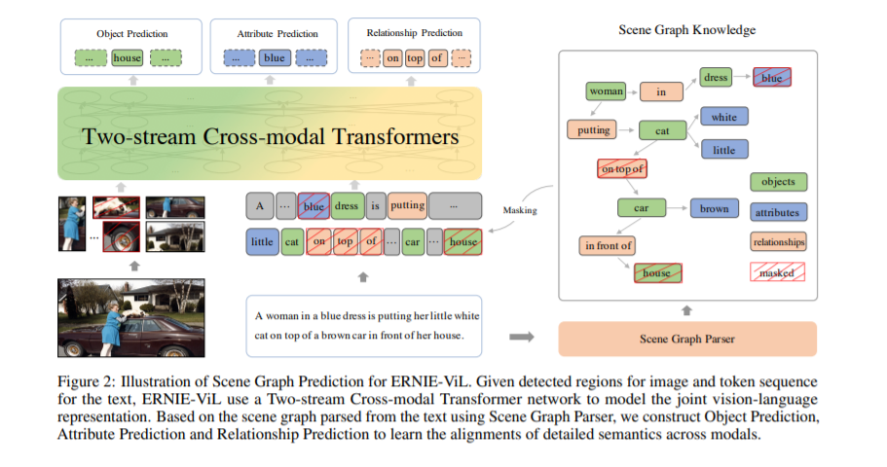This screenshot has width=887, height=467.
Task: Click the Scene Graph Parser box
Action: (686, 339)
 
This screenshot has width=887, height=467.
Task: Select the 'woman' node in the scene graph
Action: (607, 92)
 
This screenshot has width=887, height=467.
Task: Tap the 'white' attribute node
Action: (723, 118)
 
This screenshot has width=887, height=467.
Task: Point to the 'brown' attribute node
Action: (714, 209)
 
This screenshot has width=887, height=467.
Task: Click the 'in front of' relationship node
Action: (609, 246)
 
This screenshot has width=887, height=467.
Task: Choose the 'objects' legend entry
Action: (778, 182)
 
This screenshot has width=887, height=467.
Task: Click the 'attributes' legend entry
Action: (778, 212)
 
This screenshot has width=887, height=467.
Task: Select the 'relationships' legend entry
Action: (778, 242)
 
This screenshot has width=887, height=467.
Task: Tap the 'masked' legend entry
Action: (778, 272)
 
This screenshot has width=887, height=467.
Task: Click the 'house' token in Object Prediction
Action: (128, 58)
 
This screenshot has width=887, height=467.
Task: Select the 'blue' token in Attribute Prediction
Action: (275, 58)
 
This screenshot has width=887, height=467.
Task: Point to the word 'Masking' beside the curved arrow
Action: (521, 209)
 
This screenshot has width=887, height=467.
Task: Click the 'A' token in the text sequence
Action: (259, 206)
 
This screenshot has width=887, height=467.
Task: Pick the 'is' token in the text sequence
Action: (375, 206)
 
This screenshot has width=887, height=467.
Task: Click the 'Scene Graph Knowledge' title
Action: (686, 30)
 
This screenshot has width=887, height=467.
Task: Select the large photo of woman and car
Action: (131, 317)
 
